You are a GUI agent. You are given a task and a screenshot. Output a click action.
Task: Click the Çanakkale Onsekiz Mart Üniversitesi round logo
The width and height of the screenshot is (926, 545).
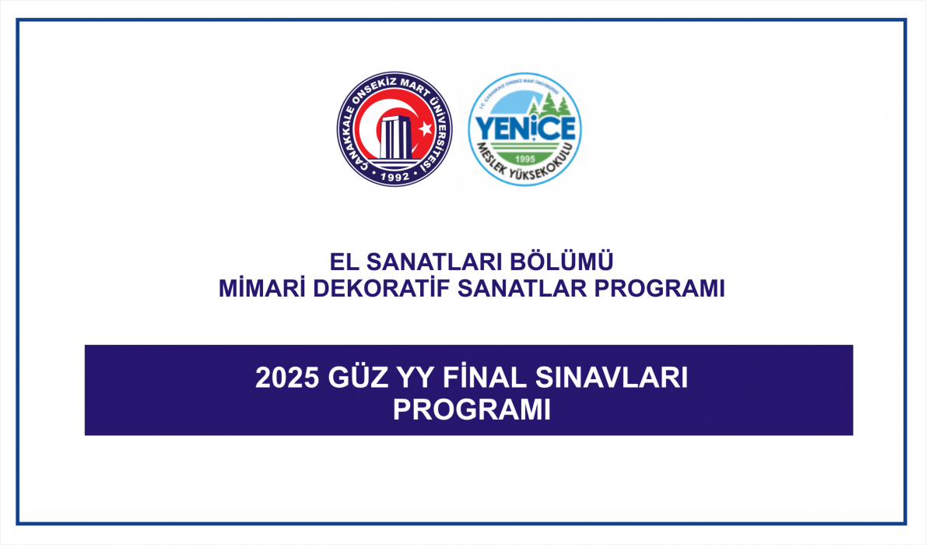pos(395,129)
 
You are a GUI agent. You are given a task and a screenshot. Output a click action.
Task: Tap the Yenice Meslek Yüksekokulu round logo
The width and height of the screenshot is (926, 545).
pos(525,129)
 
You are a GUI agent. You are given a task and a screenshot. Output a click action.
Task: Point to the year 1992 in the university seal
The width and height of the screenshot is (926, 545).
pos(395,176)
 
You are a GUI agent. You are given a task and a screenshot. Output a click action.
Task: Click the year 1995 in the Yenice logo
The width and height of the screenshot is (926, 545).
pos(524,159)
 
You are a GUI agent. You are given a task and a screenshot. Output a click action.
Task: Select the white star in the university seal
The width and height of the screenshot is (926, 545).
pos(425,128)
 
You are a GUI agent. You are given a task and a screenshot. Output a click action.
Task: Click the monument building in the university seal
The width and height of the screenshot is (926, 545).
pos(395,138)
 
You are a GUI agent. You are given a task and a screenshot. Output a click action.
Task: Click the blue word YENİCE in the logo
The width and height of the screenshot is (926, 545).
pos(525,128)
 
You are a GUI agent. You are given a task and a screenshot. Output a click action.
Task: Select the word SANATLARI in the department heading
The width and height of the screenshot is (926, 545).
pos(434,262)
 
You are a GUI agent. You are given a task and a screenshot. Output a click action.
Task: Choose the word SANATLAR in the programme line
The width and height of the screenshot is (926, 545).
pos(521,288)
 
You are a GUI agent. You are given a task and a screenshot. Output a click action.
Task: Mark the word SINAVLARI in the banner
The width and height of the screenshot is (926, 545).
pos(611,378)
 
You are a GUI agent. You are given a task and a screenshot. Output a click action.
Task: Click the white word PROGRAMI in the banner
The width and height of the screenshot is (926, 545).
pos(472,410)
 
